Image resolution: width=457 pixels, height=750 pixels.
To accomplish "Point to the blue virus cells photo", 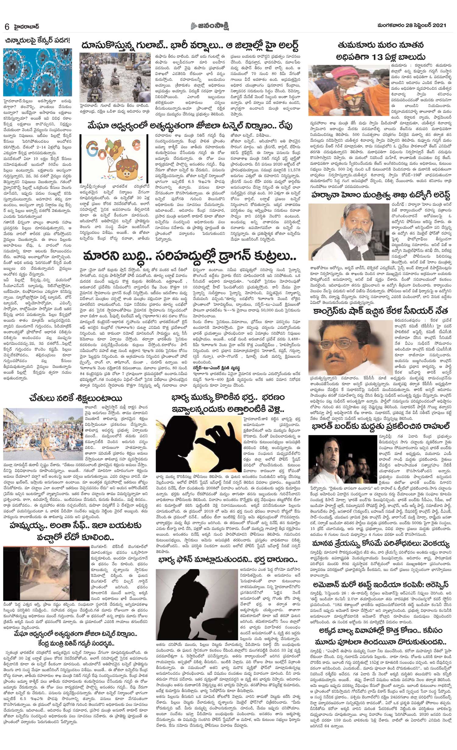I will click(37, 72).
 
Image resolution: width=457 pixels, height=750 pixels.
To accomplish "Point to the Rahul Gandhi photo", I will click(342, 460).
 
